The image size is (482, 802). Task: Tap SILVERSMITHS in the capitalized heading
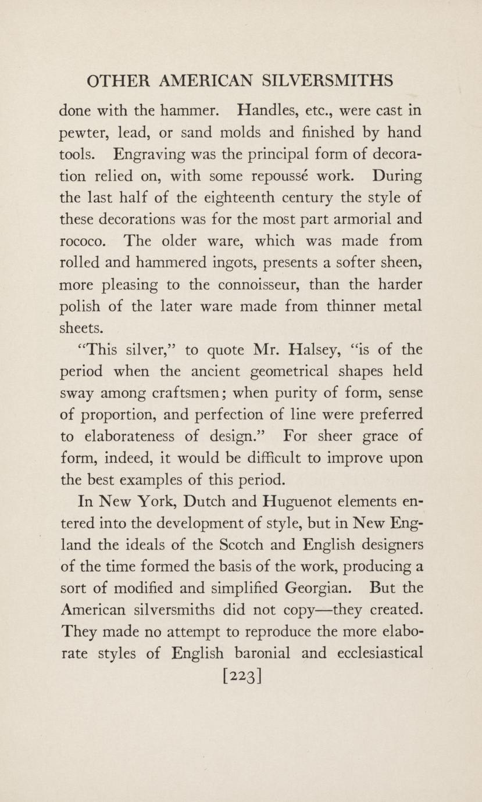tap(328, 81)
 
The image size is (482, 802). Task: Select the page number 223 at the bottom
tap(241, 676)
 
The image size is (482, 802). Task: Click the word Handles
tap(262, 110)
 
